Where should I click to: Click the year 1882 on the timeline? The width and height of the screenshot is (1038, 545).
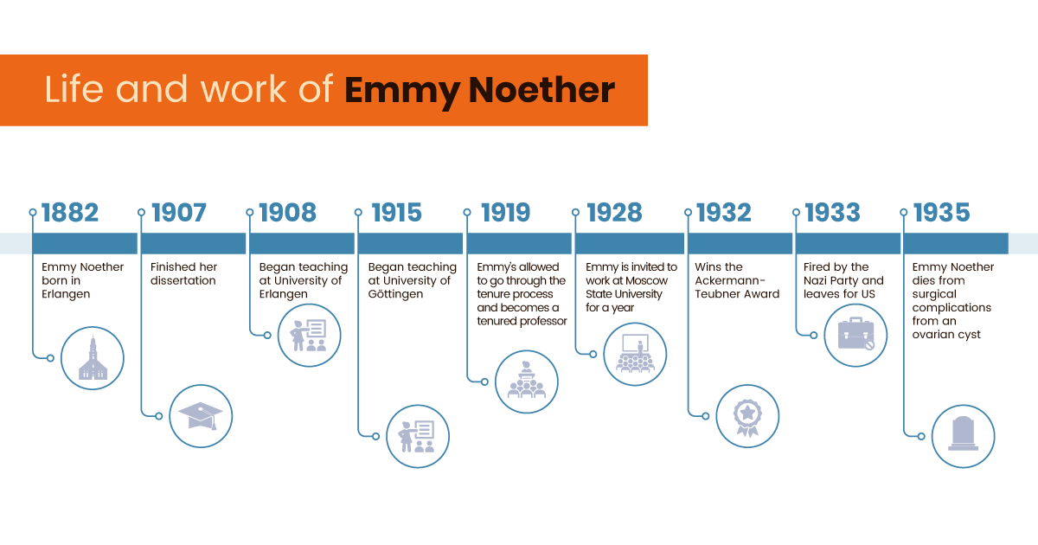70,213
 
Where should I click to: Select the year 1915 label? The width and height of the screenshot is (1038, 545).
396,213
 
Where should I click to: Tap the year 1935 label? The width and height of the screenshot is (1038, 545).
941,213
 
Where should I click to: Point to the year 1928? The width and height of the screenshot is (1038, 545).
614,213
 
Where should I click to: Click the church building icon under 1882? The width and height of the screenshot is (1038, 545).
93,358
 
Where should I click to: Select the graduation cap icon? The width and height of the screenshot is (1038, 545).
201,416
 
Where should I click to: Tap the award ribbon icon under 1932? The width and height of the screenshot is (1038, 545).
746,416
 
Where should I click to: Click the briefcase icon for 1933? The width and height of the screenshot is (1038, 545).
855,336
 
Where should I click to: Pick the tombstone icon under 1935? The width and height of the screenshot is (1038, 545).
963,436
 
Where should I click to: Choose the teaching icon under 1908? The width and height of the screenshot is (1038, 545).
309,336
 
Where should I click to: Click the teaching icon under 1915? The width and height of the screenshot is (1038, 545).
417,436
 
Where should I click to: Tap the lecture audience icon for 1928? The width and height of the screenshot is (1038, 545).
636,355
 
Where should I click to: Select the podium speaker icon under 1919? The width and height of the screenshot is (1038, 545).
527,381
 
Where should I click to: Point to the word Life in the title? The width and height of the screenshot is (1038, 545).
68,90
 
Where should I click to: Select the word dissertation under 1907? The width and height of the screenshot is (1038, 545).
183,280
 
